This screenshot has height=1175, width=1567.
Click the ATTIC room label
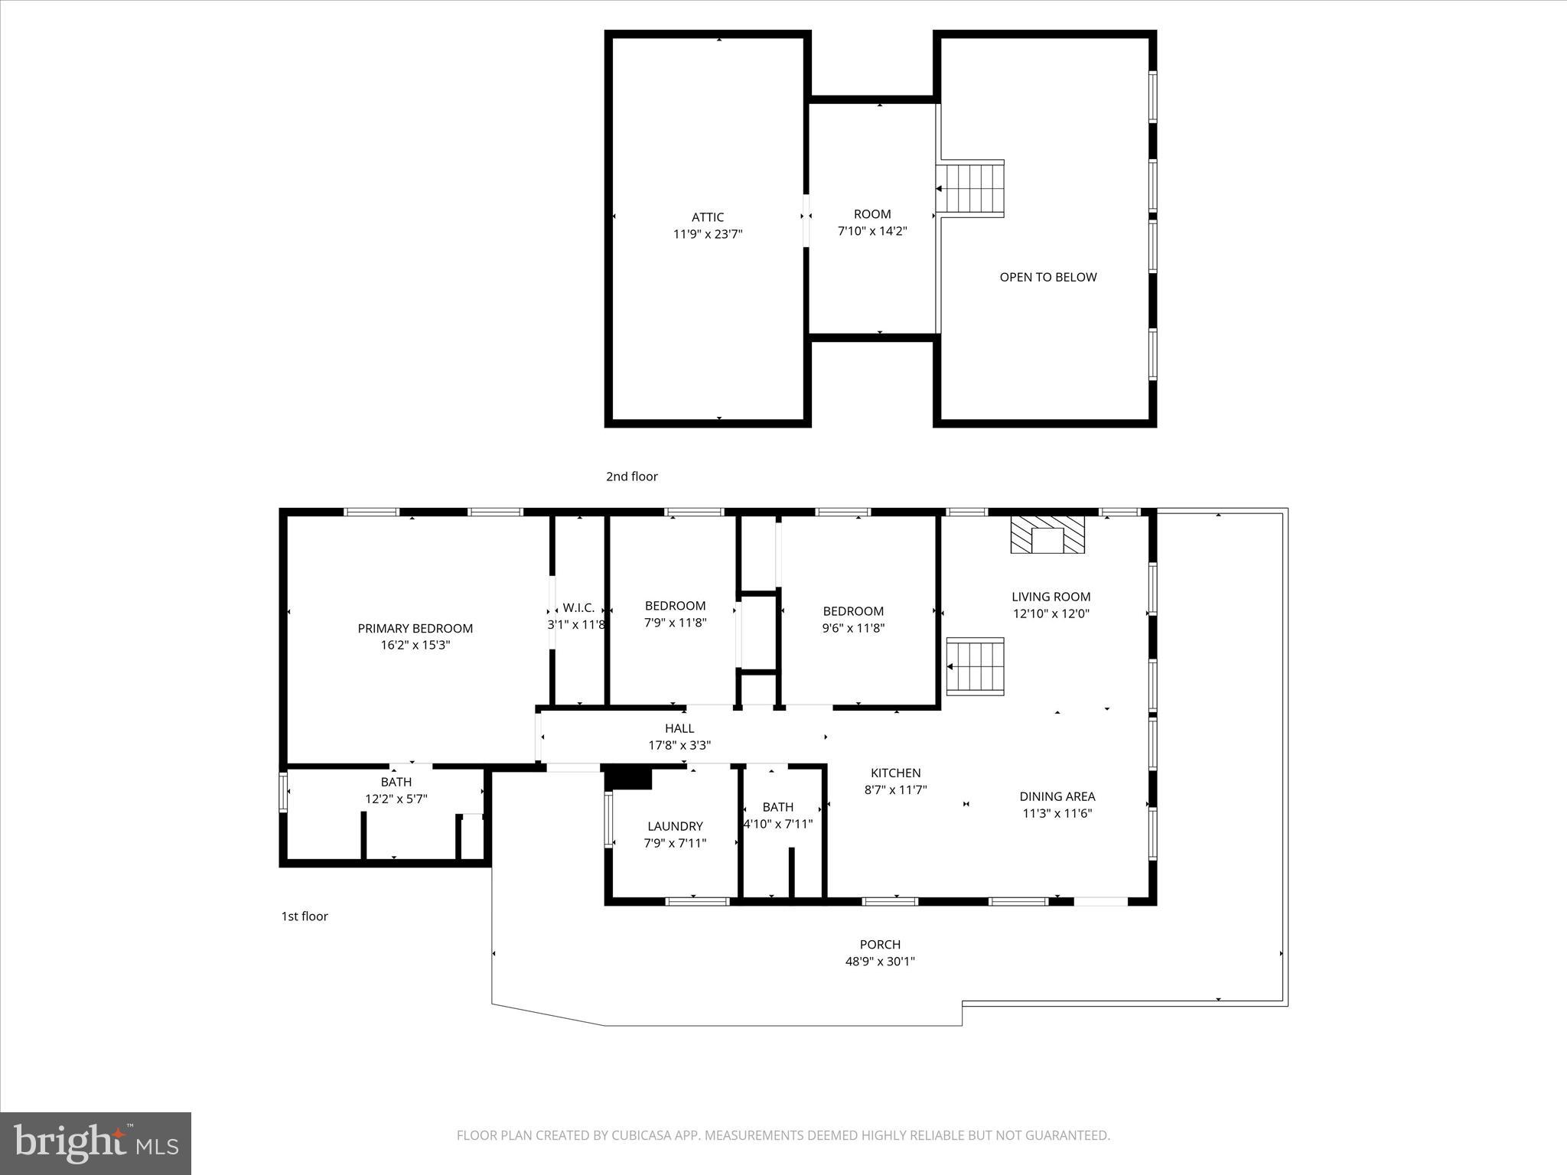(707, 217)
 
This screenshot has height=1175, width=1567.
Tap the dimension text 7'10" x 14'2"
(872, 231)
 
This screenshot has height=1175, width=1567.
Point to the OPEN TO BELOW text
(1047, 277)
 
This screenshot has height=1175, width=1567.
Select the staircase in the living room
(976, 666)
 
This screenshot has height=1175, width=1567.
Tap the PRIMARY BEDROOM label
(415, 628)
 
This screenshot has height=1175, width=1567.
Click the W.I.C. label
(578, 607)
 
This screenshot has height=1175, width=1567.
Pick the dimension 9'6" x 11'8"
(853, 628)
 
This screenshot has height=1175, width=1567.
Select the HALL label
(679, 728)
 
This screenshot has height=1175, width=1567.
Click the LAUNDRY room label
(674, 826)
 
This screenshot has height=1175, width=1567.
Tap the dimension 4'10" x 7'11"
(778, 824)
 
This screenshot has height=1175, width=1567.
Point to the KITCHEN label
(895, 773)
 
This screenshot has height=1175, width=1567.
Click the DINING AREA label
(1057, 796)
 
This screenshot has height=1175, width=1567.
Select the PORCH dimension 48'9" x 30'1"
(880, 962)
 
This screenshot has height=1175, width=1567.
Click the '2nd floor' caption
(631, 477)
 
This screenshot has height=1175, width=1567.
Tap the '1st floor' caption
(305, 916)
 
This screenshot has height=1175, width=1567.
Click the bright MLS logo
(96, 1143)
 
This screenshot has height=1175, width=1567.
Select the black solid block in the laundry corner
(628, 778)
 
